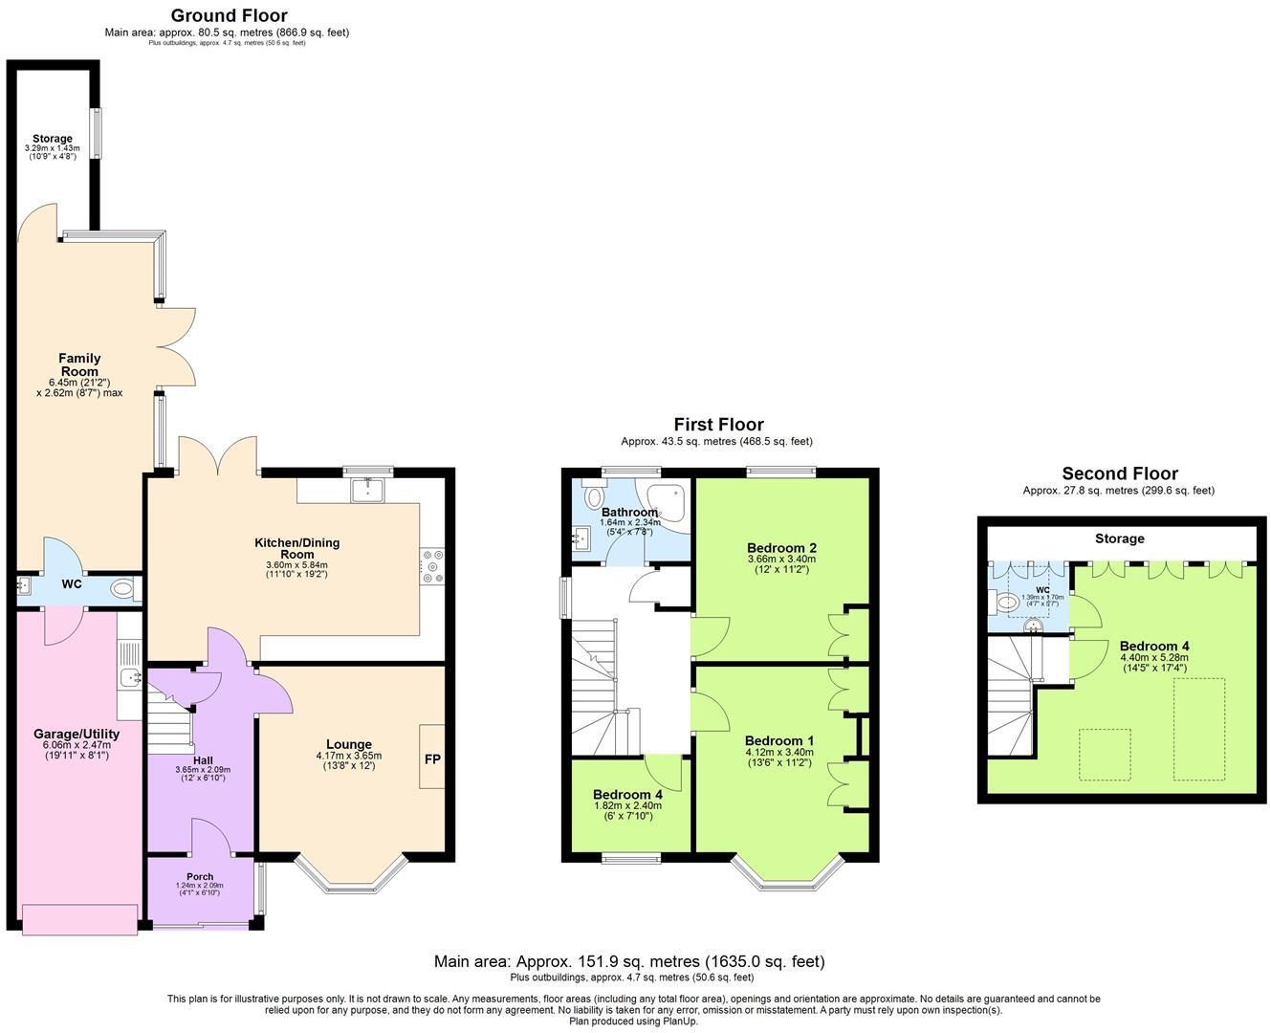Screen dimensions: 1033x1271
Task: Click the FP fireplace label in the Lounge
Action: point(432,758)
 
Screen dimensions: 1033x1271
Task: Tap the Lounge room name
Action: point(348,744)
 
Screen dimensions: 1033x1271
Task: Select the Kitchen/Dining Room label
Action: point(296,548)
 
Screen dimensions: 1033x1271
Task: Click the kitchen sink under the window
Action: point(367,490)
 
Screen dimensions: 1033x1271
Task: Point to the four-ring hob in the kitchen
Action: point(431,564)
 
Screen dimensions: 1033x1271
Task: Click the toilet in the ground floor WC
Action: point(122,589)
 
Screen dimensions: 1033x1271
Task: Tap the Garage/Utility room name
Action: point(77,734)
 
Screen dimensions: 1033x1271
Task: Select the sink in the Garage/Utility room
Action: point(129,677)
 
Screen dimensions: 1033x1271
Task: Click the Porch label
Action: point(200,877)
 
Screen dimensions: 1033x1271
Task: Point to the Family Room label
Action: point(79,364)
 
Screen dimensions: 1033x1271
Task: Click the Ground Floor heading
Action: point(229,15)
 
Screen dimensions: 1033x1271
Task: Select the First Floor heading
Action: point(718,425)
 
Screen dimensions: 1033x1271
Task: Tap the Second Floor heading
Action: point(1120,473)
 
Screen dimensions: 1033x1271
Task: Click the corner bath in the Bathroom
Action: point(668,503)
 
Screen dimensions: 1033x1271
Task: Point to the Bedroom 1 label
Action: point(779,740)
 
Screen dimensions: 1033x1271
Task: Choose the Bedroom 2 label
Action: point(781,548)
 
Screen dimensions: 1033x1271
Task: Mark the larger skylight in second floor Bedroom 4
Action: point(1199,728)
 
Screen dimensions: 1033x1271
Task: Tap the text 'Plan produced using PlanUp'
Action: point(633,1021)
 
